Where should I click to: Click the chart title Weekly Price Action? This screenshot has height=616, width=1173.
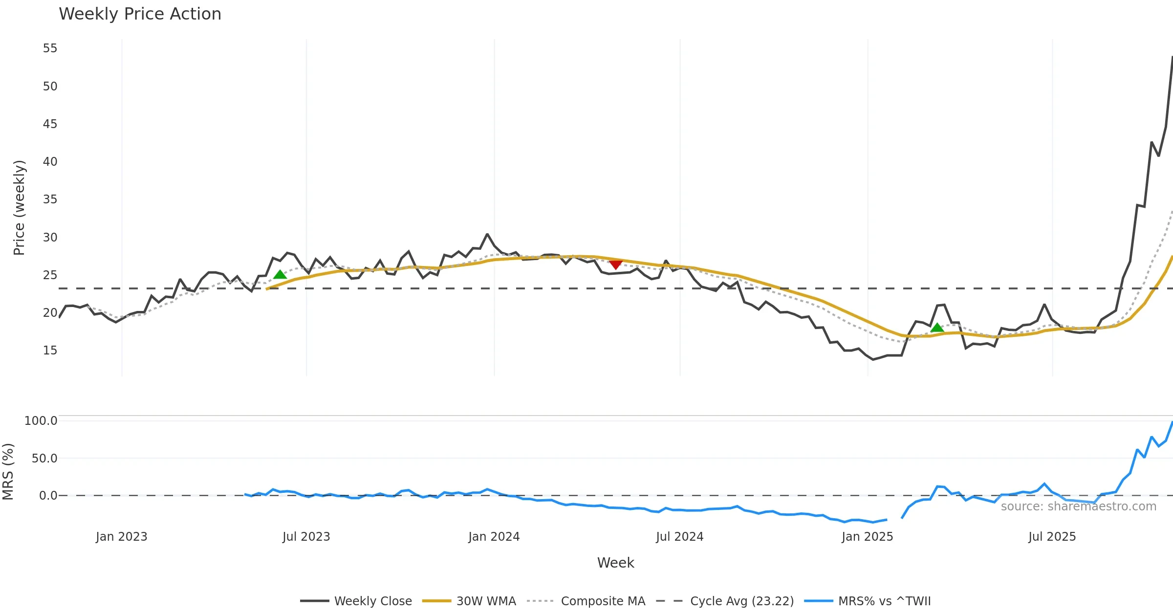[140, 14]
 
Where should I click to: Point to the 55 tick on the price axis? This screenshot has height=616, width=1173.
[50, 48]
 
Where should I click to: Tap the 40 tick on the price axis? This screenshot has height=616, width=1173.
[50, 162]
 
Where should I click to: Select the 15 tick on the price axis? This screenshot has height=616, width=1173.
[50, 351]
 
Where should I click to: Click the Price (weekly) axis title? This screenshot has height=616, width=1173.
[19, 208]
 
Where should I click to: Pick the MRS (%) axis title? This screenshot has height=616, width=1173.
[8, 472]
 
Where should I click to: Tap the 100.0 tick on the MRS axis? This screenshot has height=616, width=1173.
[41, 421]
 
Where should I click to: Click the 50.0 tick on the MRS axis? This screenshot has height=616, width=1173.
[44, 459]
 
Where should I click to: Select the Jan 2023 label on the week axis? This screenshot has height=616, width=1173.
[122, 537]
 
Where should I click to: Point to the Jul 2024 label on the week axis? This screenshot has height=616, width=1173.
[680, 537]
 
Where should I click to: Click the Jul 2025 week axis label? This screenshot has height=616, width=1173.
[1052, 537]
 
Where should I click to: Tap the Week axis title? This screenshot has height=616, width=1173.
[616, 563]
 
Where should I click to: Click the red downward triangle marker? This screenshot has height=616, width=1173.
[616, 264]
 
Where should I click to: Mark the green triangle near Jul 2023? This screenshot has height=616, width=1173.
[280, 275]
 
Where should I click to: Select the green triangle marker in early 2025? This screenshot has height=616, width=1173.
[937, 328]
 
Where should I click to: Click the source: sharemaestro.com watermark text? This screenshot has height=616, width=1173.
[1079, 506]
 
